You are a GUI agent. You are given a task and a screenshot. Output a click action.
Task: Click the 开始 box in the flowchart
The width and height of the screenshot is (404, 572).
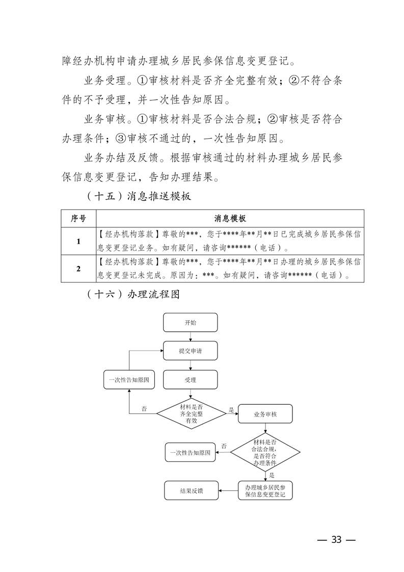[x=190, y=323]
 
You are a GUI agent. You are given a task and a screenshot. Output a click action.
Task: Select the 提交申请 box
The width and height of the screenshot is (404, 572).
[x=190, y=351]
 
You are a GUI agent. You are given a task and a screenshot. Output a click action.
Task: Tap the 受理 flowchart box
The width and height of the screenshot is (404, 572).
[x=190, y=380]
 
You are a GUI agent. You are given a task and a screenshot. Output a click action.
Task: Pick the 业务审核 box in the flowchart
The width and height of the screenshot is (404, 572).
[x=265, y=414]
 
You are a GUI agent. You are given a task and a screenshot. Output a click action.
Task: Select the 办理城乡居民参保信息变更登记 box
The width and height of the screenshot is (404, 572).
[x=265, y=490]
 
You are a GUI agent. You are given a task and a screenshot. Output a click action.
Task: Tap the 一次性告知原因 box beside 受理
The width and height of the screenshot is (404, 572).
[x=129, y=380]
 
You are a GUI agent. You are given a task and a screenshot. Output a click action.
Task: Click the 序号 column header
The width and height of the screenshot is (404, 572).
[x=78, y=218]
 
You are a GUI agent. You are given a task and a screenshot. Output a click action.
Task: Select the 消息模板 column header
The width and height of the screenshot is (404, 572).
[x=230, y=218]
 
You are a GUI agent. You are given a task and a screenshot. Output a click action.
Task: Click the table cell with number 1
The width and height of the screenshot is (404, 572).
[x=78, y=242]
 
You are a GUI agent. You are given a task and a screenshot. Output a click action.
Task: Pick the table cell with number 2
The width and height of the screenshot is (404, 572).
[x=78, y=269]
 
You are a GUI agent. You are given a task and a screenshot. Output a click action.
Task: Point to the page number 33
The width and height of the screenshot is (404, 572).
[x=336, y=540]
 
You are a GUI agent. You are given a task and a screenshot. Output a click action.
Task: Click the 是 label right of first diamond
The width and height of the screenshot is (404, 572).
[x=231, y=409]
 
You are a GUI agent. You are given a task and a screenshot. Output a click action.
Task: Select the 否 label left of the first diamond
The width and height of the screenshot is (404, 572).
[x=144, y=409]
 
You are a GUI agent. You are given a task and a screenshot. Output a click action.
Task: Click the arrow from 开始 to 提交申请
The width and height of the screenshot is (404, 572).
[x=190, y=337]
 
